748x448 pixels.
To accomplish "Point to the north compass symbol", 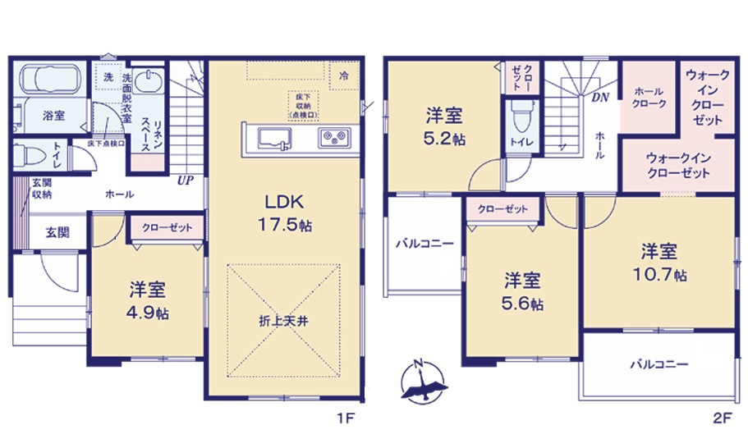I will click(x=424, y=382).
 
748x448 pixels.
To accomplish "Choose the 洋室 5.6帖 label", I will click(x=522, y=291).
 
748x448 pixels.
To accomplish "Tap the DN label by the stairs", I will click(x=600, y=97).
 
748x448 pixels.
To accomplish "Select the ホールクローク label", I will click(x=649, y=98).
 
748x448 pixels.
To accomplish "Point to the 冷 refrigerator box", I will click(x=342, y=74).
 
